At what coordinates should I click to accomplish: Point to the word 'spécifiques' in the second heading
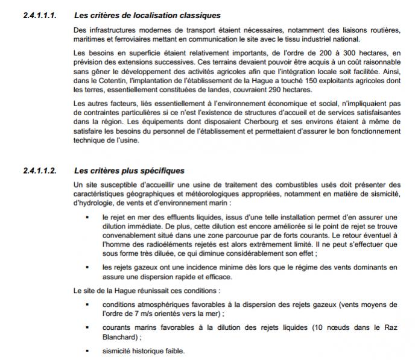160,171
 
